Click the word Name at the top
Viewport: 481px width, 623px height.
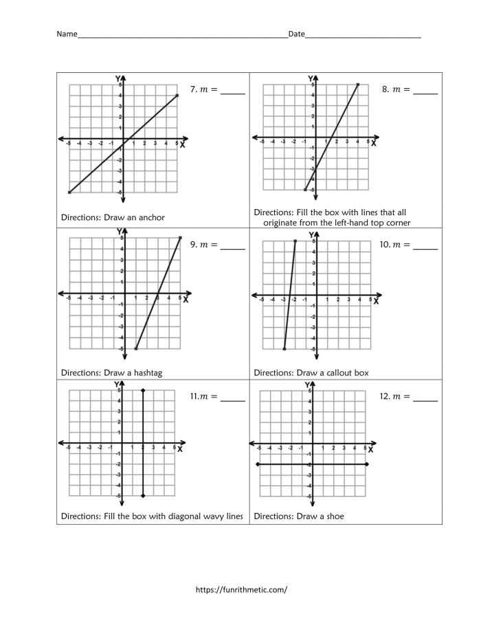(x=66, y=34)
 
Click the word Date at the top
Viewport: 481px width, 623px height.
(x=296, y=34)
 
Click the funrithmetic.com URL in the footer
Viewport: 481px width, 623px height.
(x=241, y=589)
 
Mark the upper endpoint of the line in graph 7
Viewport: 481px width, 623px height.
(x=177, y=96)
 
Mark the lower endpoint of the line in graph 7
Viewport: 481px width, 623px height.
(x=69, y=193)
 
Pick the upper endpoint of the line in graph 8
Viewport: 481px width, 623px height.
(x=358, y=85)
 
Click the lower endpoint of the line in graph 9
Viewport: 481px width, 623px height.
(x=136, y=349)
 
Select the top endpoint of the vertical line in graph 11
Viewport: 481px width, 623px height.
(x=142, y=391)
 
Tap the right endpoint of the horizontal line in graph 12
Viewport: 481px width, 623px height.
(x=368, y=465)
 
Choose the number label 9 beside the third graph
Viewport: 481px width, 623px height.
(x=194, y=244)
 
